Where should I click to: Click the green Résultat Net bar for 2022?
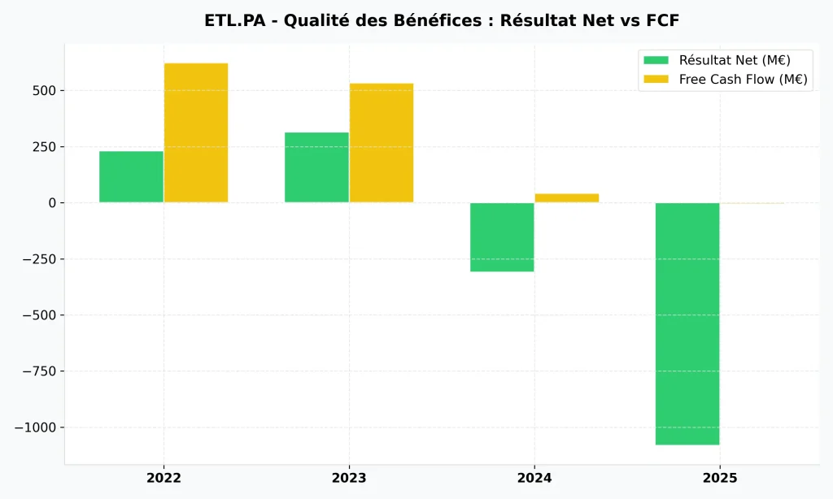[x=131, y=176]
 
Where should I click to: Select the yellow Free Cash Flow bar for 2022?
[x=196, y=132]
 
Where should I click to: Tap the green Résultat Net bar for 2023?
[x=316, y=167]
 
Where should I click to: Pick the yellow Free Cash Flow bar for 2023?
[x=382, y=142]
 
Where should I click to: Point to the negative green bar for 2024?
[x=502, y=236]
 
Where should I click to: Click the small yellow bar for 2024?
[x=567, y=197]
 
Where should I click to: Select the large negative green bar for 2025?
[x=687, y=323]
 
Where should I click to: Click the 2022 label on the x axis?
[x=164, y=478]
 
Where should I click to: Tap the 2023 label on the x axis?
[x=349, y=478]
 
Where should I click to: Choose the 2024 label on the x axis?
[x=534, y=478]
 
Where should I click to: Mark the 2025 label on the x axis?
[x=720, y=478]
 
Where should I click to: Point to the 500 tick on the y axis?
[x=43, y=90]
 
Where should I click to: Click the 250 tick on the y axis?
[x=43, y=146]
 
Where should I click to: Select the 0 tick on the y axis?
[x=50, y=202]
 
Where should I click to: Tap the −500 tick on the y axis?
[x=38, y=315]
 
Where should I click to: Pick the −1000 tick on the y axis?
[x=35, y=427]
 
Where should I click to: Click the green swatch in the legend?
[x=656, y=60]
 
